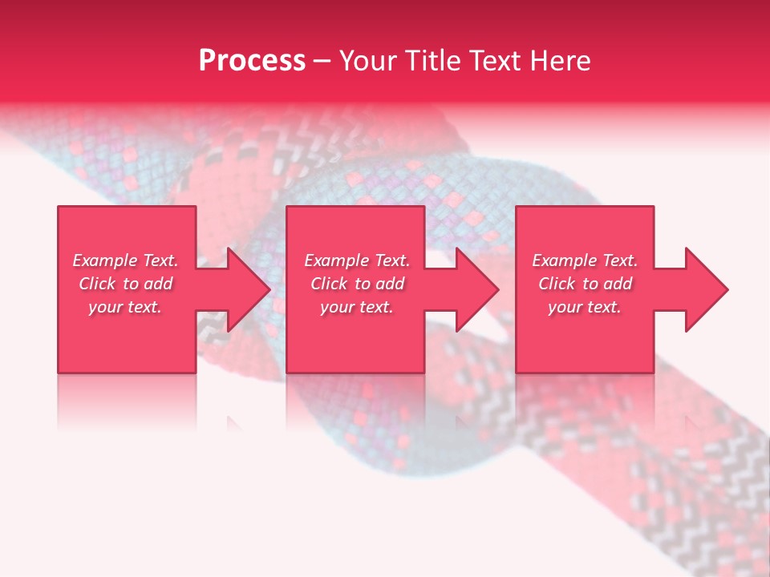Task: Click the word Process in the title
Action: (252, 61)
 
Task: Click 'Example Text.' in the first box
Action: (125, 260)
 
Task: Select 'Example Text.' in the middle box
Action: (357, 260)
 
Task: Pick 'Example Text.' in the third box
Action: (585, 260)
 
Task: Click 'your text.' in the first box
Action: (125, 307)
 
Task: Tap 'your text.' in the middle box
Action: (357, 307)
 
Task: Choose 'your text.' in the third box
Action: (585, 307)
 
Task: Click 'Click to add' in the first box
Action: (125, 284)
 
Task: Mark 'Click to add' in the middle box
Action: (357, 284)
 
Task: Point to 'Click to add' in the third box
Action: (585, 284)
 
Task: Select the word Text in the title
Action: (495, 61)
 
